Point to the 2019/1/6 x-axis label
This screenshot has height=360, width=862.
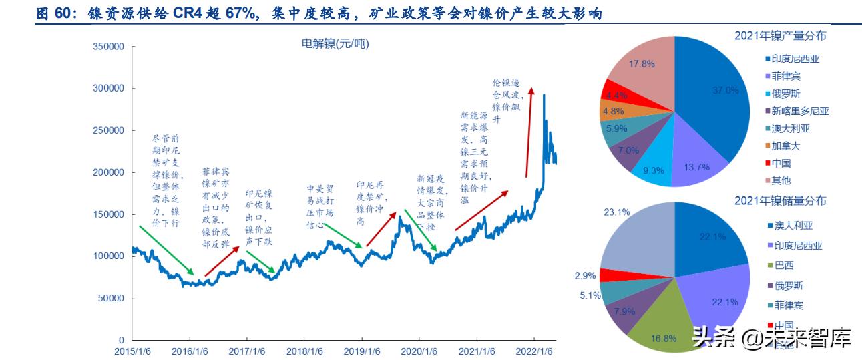coord(363,351)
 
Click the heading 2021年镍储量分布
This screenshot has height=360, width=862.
coord(780,200)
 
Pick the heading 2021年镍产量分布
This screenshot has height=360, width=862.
coord(780,35)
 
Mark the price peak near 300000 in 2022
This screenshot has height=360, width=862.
coord(544,96)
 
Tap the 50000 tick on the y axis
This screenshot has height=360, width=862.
coord(111,299)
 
